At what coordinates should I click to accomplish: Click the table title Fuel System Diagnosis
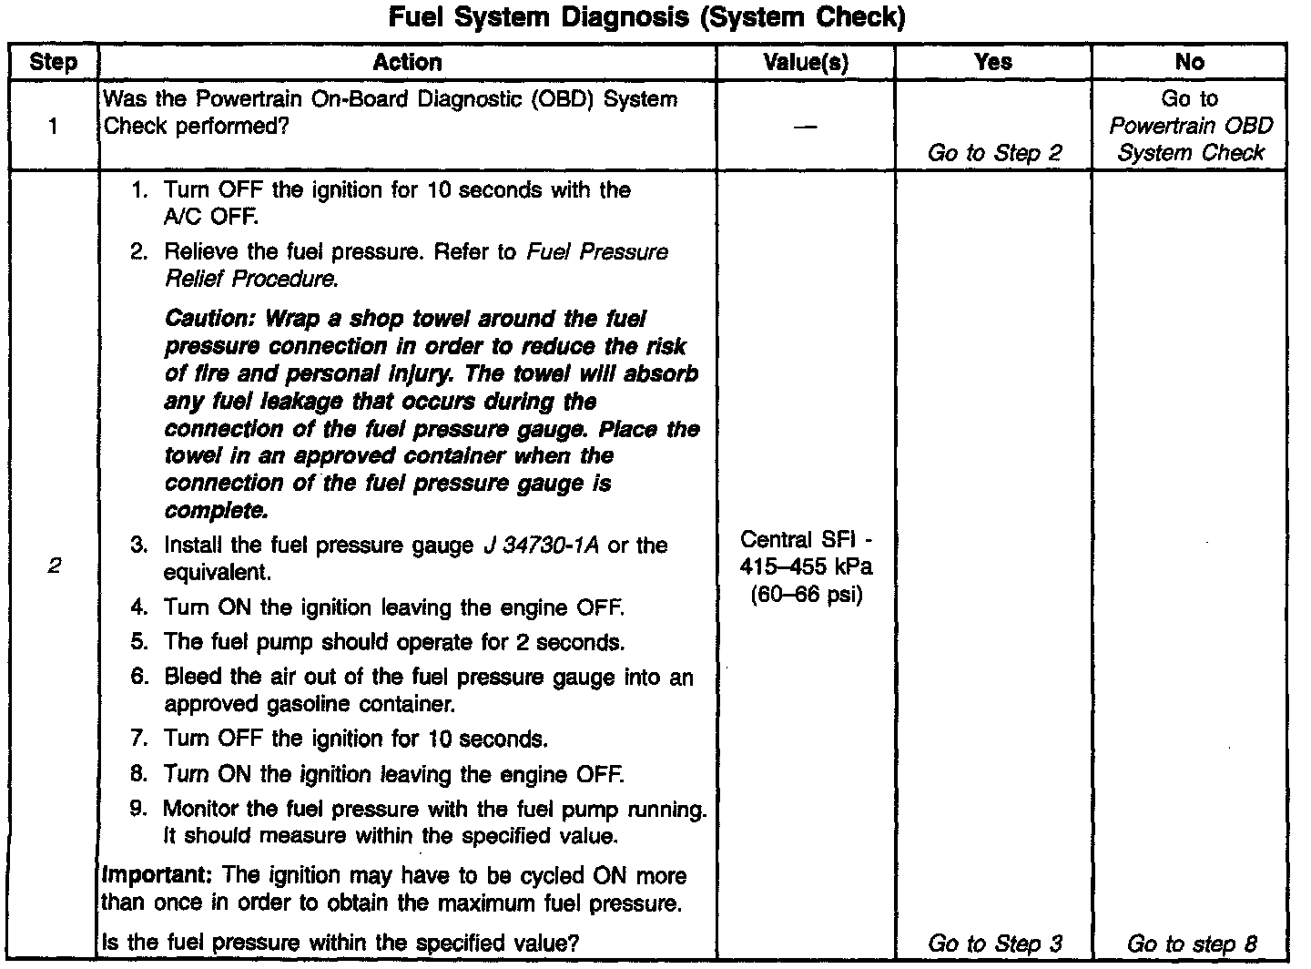pyautogui.click(x=646, y=18)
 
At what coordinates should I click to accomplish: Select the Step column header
pyautogui.click(x=53, y=62)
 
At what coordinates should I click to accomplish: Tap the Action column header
pyautogui.click(x=407, y=62)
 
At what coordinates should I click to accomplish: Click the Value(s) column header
pyautogui.click(x=805, y=62)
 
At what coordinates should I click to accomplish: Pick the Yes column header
pyautogui.click(x=992, y=62)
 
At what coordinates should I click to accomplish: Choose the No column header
pyautogui.click(x=1189, y=62)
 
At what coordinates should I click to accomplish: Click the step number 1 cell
pyautogui.click(x=53, y=126)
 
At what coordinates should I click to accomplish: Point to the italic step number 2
pyautogui.click(x=54, y=566)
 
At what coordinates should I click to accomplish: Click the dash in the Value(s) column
pyautogui.click(x=805, y=127)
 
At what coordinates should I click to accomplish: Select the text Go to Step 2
pyautogui.click(x=994, y=153)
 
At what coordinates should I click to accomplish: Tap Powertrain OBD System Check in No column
pyautogui.click(x=1190, y=139)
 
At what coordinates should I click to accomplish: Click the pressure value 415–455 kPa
pyautogui.click(x=806, y=566)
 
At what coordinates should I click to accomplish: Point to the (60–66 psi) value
pyautogui.click(x=806, y=595)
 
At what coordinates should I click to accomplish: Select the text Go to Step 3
pyautogui.click(x=994, y=943)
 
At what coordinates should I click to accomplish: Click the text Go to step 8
pyautogui.click(x=1191, y=943)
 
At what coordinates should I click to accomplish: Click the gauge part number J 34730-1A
pyautogui.click(x=541, y=546)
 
